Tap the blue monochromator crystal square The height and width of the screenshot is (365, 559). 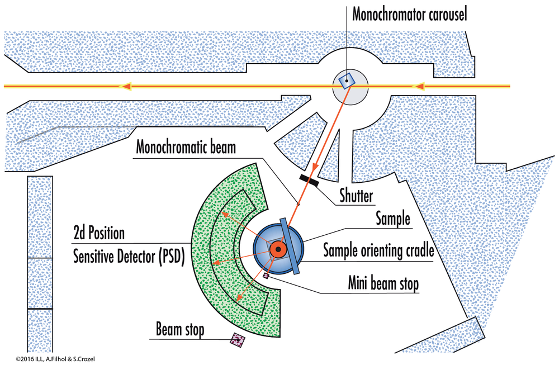347,81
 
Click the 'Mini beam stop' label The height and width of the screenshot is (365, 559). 380,285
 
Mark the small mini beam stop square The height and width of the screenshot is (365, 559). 266,275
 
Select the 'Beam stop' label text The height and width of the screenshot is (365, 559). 180,330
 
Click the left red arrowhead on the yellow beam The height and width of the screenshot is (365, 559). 127,87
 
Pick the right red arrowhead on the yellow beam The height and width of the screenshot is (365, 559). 419,87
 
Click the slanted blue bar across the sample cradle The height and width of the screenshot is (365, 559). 290,246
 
